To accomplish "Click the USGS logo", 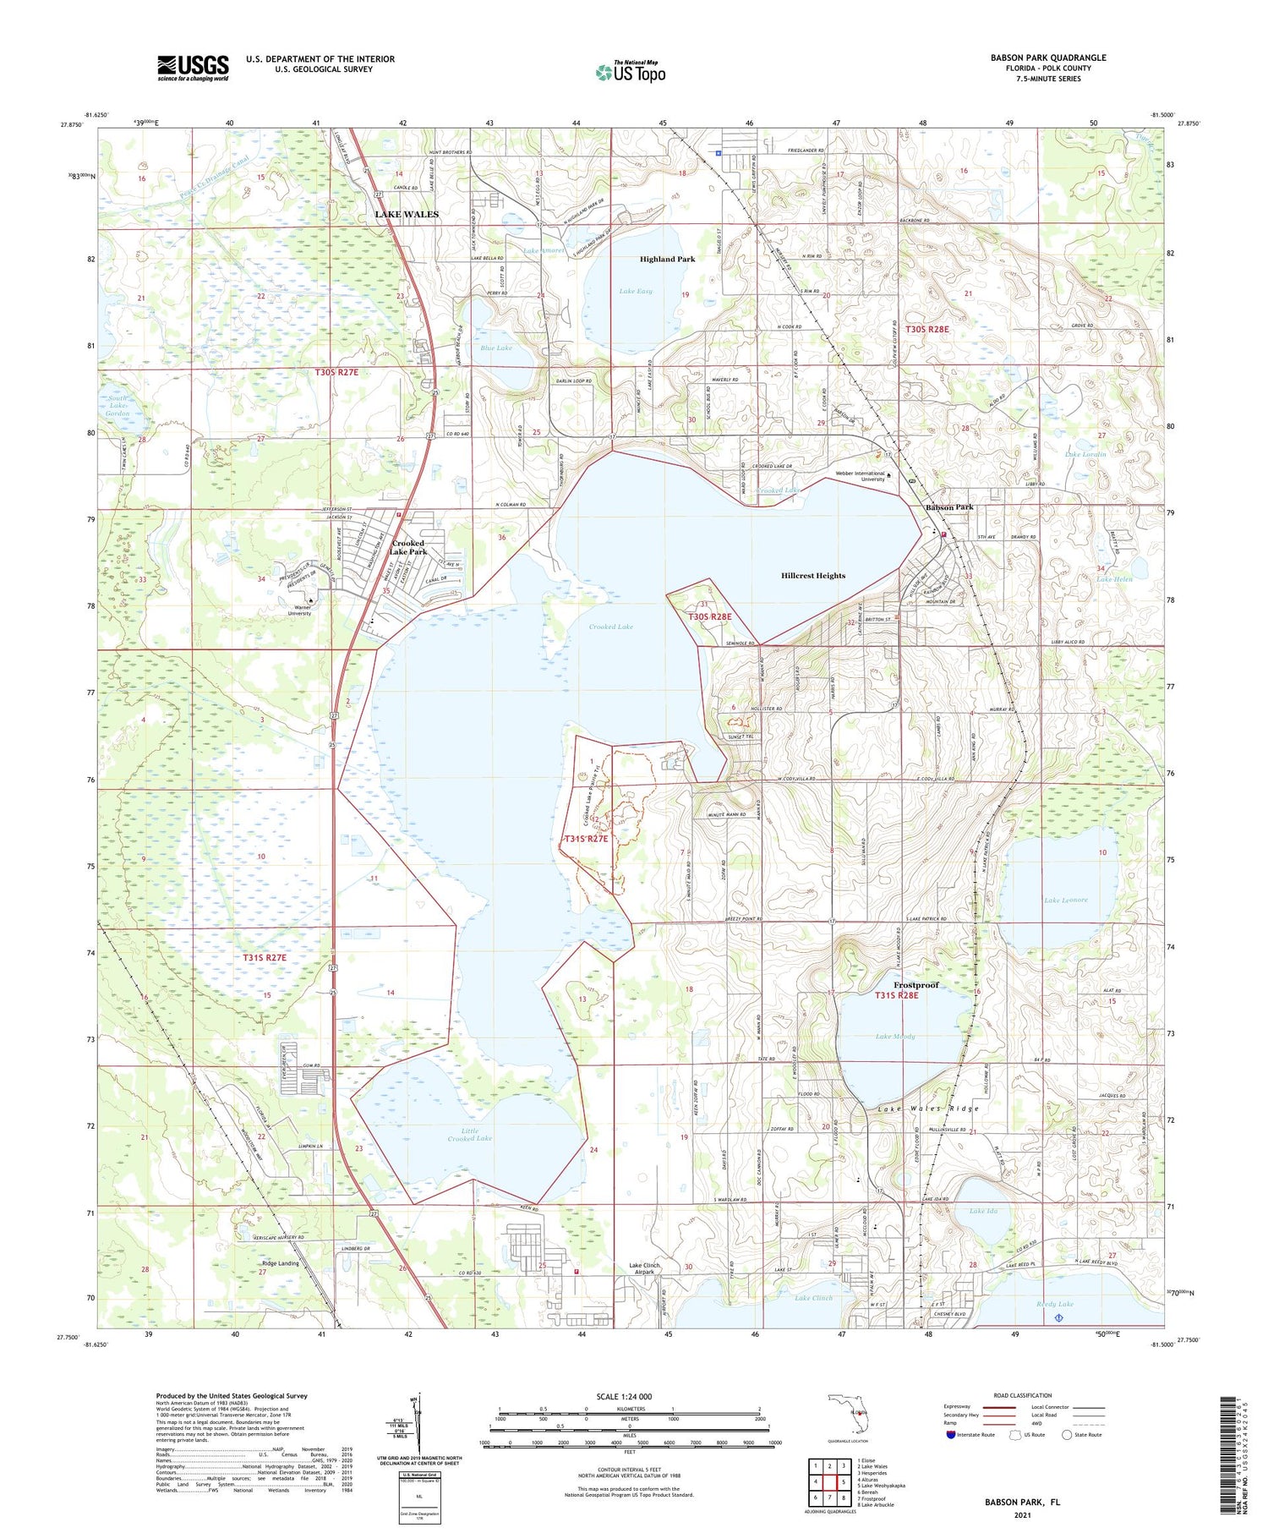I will [193, 68].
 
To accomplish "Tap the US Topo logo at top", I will [631, 72].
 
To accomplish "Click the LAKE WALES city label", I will [407, 215].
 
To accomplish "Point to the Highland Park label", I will [667, 259].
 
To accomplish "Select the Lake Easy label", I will [636, 291].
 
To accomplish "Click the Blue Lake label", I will [496, 348].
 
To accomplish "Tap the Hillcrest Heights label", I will [812, 576].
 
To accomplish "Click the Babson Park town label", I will [949, 507].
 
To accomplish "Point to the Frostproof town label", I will [916, 985].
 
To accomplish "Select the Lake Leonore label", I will [1066, 900].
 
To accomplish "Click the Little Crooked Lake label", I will [469, 1135].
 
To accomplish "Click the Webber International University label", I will [860, 476].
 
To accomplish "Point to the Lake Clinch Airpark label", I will [644, 1268].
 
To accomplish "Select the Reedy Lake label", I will [1054, 1304].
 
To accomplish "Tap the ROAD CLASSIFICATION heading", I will [1022, 1395].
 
